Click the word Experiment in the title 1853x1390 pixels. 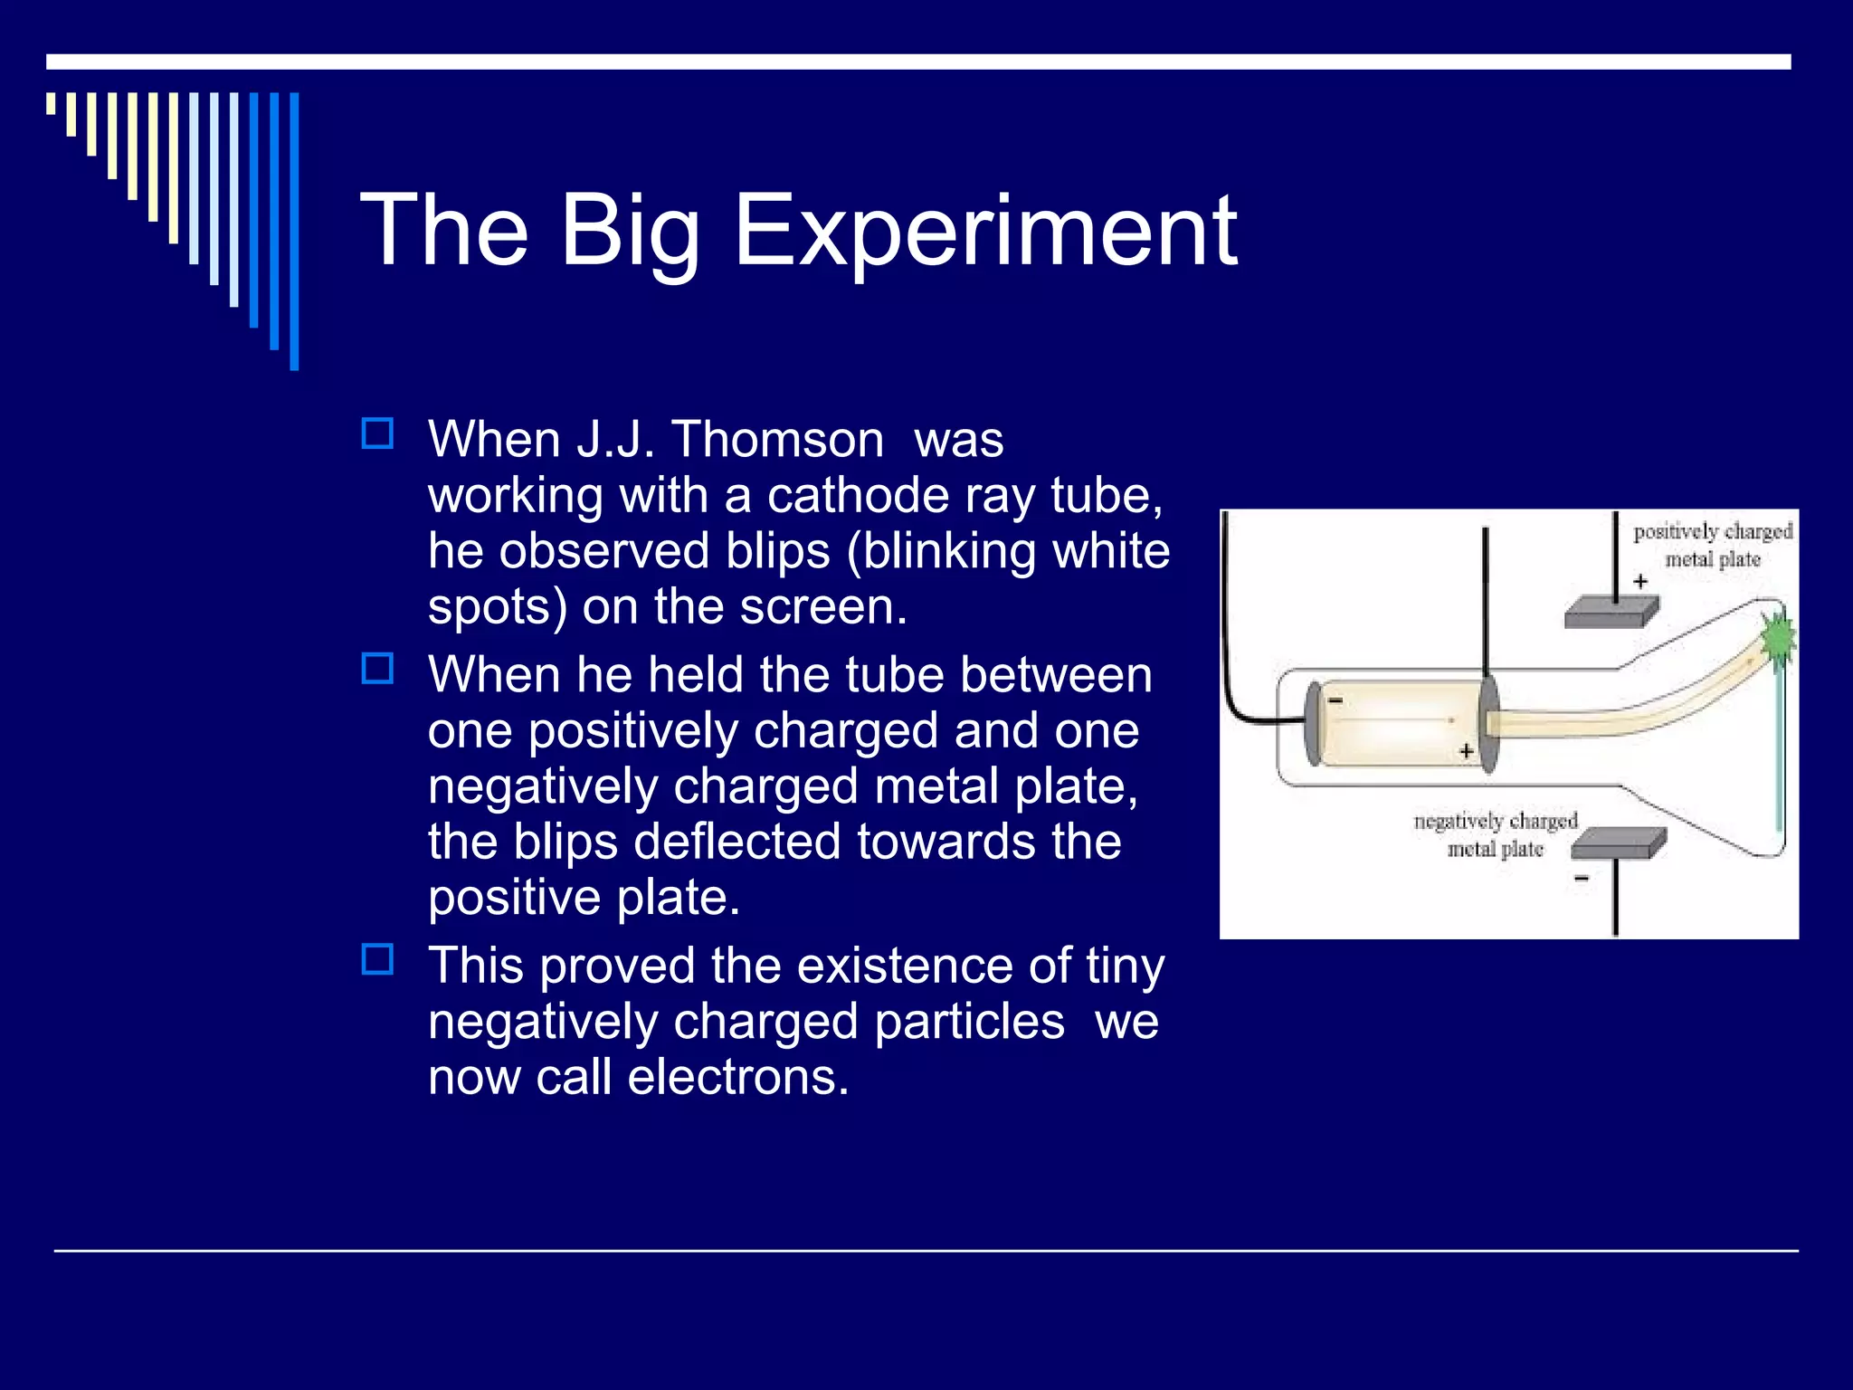click(984, 232)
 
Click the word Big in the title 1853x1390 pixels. click(630, 233)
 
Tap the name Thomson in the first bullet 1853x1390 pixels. click(777, 440)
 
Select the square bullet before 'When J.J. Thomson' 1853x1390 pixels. click(377, 433)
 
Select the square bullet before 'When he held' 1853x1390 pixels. click(377, 669)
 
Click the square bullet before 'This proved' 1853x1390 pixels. click(377, 959)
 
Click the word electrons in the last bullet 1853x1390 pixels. click(738, 1077)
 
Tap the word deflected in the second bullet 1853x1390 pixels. click(745, 842)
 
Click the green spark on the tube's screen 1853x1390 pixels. click(1779, 639)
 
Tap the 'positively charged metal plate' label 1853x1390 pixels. click(1712, 545)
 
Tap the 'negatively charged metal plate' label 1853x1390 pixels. click(1495, 834)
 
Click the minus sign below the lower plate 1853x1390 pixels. click(1582, 879)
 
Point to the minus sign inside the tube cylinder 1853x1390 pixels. click(1335, 700)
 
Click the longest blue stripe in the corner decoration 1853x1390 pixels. click(294, 231)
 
